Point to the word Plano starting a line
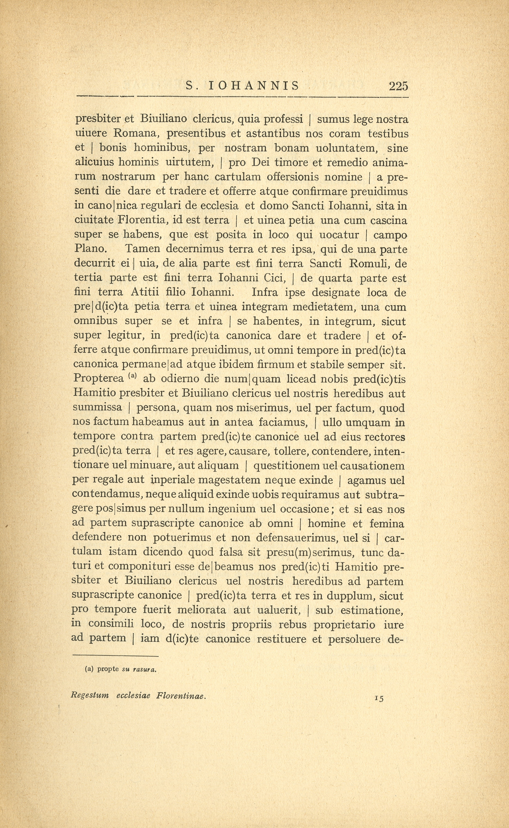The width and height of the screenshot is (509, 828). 90,249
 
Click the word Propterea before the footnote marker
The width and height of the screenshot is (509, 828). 98,379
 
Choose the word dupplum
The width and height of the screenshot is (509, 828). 347,596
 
